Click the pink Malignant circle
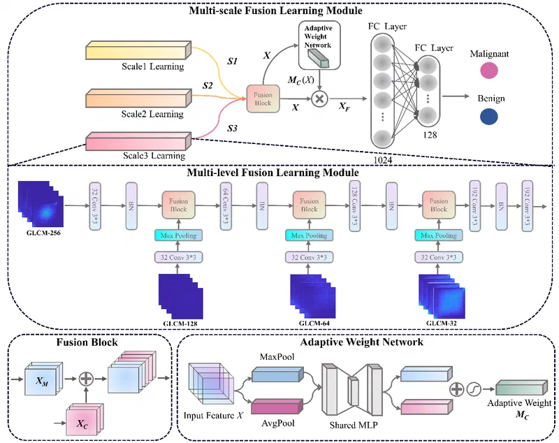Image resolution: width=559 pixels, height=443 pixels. coord(489,70)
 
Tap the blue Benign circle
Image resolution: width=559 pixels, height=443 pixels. coord(489,117)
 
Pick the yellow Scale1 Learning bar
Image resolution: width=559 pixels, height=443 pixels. coord(136,52)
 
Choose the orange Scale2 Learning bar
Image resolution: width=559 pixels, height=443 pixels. coord(136,99)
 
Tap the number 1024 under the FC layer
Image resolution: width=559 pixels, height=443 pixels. coord(383,159)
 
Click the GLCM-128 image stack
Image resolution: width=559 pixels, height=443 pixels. coord(181,298)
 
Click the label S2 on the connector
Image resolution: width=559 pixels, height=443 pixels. coord(208,85)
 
